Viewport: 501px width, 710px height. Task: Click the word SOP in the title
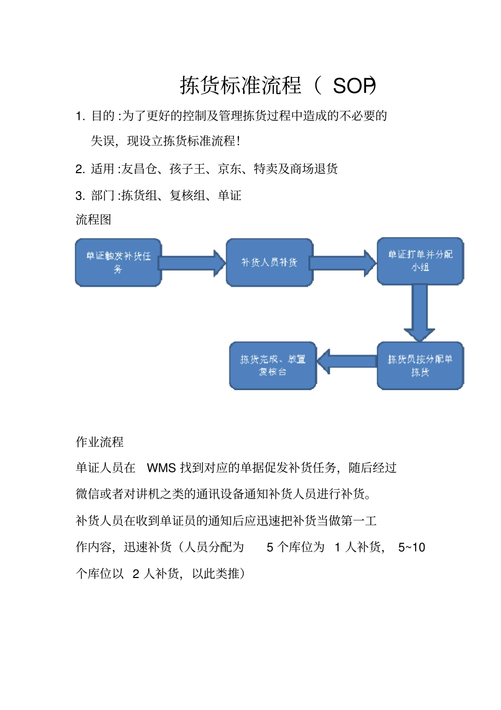(x=353, y=86)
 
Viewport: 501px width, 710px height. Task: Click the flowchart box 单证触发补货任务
(x=118, y=262)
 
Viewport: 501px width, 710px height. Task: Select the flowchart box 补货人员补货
(x=269, y=262)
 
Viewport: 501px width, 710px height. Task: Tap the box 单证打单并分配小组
(x=420, y=261)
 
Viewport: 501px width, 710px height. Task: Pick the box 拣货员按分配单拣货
(x=420, y=365)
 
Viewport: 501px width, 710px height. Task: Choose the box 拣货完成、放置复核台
(x=273, y=365)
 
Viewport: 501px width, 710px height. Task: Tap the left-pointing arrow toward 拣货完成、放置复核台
(x=346, y=362)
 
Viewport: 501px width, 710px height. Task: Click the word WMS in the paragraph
(x=161, y=468)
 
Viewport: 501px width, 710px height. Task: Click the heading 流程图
(x=93, y=220)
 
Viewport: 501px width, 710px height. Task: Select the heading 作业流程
(x=100, y=442)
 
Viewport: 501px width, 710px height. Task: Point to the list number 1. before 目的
(x=80, y=116)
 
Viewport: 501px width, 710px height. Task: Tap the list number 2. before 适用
(x=80, y=169)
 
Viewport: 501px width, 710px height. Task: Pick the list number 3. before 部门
(x=80, y=196)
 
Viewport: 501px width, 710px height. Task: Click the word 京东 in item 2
(x=229, y=169)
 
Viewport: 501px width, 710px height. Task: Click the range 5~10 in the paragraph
(x=411, y=547)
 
